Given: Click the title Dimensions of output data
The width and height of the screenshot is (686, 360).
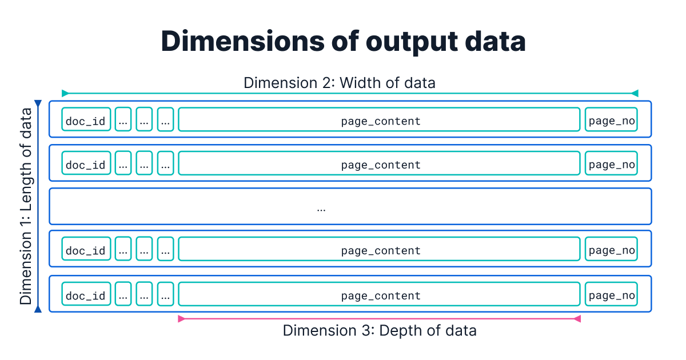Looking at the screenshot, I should (x=343, y=42).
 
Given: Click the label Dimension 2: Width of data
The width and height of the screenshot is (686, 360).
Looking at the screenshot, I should (x=340, y=83).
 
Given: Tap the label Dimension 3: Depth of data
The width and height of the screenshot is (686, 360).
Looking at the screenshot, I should (x=380, y=330).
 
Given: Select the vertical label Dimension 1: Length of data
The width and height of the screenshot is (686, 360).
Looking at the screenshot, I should (x=26, y=206).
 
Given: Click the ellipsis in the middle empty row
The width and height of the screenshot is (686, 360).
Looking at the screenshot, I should (x=321, y=209).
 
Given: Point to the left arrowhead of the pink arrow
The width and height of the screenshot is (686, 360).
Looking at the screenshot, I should (x=181, y=319).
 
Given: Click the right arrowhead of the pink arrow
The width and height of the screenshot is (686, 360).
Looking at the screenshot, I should (x=577, y=319).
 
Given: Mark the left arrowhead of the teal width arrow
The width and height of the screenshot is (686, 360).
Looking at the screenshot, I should (x=65, y=93).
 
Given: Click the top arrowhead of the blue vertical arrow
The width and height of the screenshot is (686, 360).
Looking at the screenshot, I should (x=38, y=104).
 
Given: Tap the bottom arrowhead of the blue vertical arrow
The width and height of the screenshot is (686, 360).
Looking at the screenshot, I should (x=38, y=309).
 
